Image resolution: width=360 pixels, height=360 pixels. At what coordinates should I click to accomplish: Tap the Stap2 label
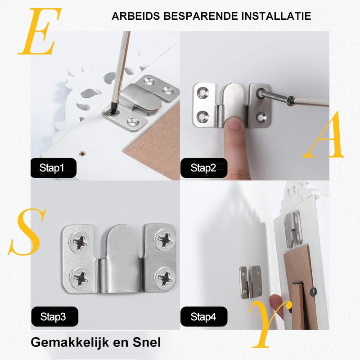pyautogui.click(x=204, y=168)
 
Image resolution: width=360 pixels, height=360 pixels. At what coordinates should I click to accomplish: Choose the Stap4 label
pyautogui.click(x=204, y=317)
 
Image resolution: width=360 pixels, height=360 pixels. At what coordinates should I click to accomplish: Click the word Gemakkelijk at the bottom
pyautogui.click(x=70, y=343)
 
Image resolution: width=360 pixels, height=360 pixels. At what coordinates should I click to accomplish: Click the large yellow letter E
pyautogui.click(x=40, y=31)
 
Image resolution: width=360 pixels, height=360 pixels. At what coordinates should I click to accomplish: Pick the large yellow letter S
pyautogui.click(x=27, y=232)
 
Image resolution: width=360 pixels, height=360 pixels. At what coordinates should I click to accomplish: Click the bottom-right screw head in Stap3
pyautogui.click(x=165, y=278)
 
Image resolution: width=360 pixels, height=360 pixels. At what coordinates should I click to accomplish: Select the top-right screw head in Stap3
pyautogui.click(x=165, y=239)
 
